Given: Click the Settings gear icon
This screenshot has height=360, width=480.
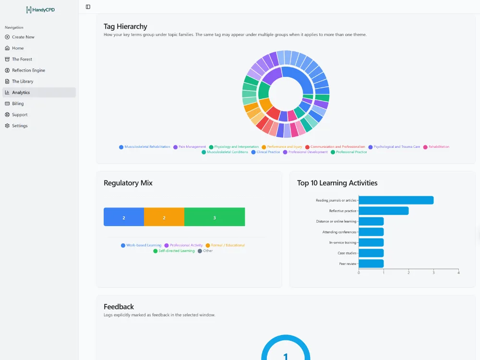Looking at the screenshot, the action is coord(7,125).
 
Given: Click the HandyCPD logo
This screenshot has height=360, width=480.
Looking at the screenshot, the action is coord(40,10).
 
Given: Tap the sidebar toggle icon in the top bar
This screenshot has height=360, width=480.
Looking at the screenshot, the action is coord(88,7).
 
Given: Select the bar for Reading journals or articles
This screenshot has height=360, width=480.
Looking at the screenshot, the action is coord(396,200).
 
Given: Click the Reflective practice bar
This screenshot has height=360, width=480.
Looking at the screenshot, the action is coord(384,211).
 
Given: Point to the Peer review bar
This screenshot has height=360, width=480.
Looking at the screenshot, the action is coord(371,264).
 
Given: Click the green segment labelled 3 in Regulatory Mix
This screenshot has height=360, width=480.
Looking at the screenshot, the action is coord(215,217).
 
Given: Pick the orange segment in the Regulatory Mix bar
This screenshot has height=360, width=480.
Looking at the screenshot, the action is coord(164,217).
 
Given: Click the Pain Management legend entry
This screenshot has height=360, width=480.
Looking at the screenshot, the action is coord(190,147).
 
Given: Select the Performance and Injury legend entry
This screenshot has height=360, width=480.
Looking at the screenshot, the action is coord(282,147).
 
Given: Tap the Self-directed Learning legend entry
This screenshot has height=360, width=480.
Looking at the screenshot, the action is coord(174,251).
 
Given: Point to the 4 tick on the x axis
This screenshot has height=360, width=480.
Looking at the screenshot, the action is coord(458,273).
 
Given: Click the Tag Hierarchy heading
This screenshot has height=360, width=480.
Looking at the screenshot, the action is coord(125,26).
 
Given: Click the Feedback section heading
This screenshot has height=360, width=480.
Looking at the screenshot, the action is coord(119,307).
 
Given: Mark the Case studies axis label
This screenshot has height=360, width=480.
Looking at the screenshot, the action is coord(347,253).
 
